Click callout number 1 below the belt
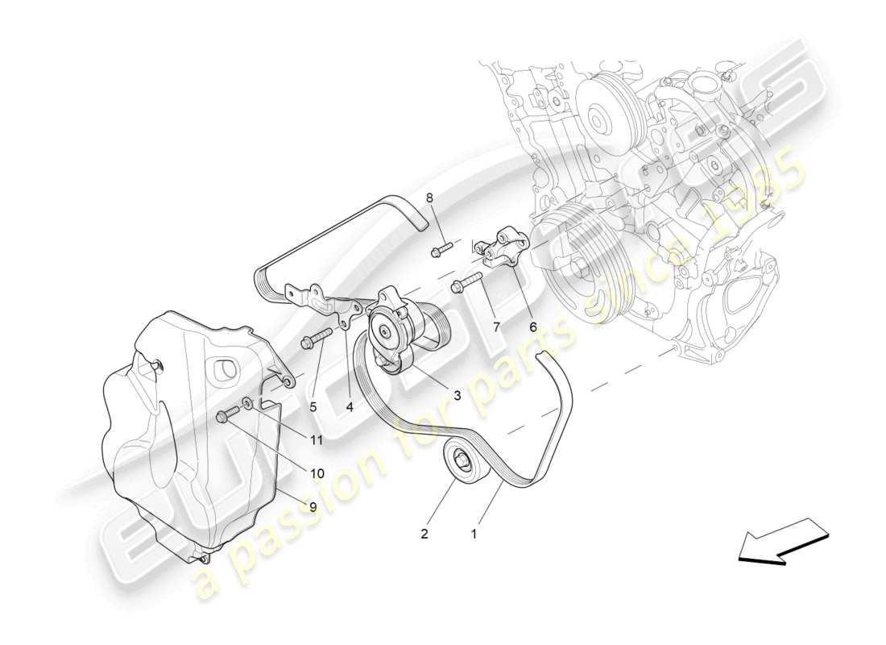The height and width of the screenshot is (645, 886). coord(474,533)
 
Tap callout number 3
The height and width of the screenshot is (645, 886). coord(457,395)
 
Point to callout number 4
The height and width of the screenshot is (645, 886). coord(350,407)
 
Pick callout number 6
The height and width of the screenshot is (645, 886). coord(532,327)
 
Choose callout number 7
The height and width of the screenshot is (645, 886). coord(496,327)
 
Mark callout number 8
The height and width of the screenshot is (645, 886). coord(429,198)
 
